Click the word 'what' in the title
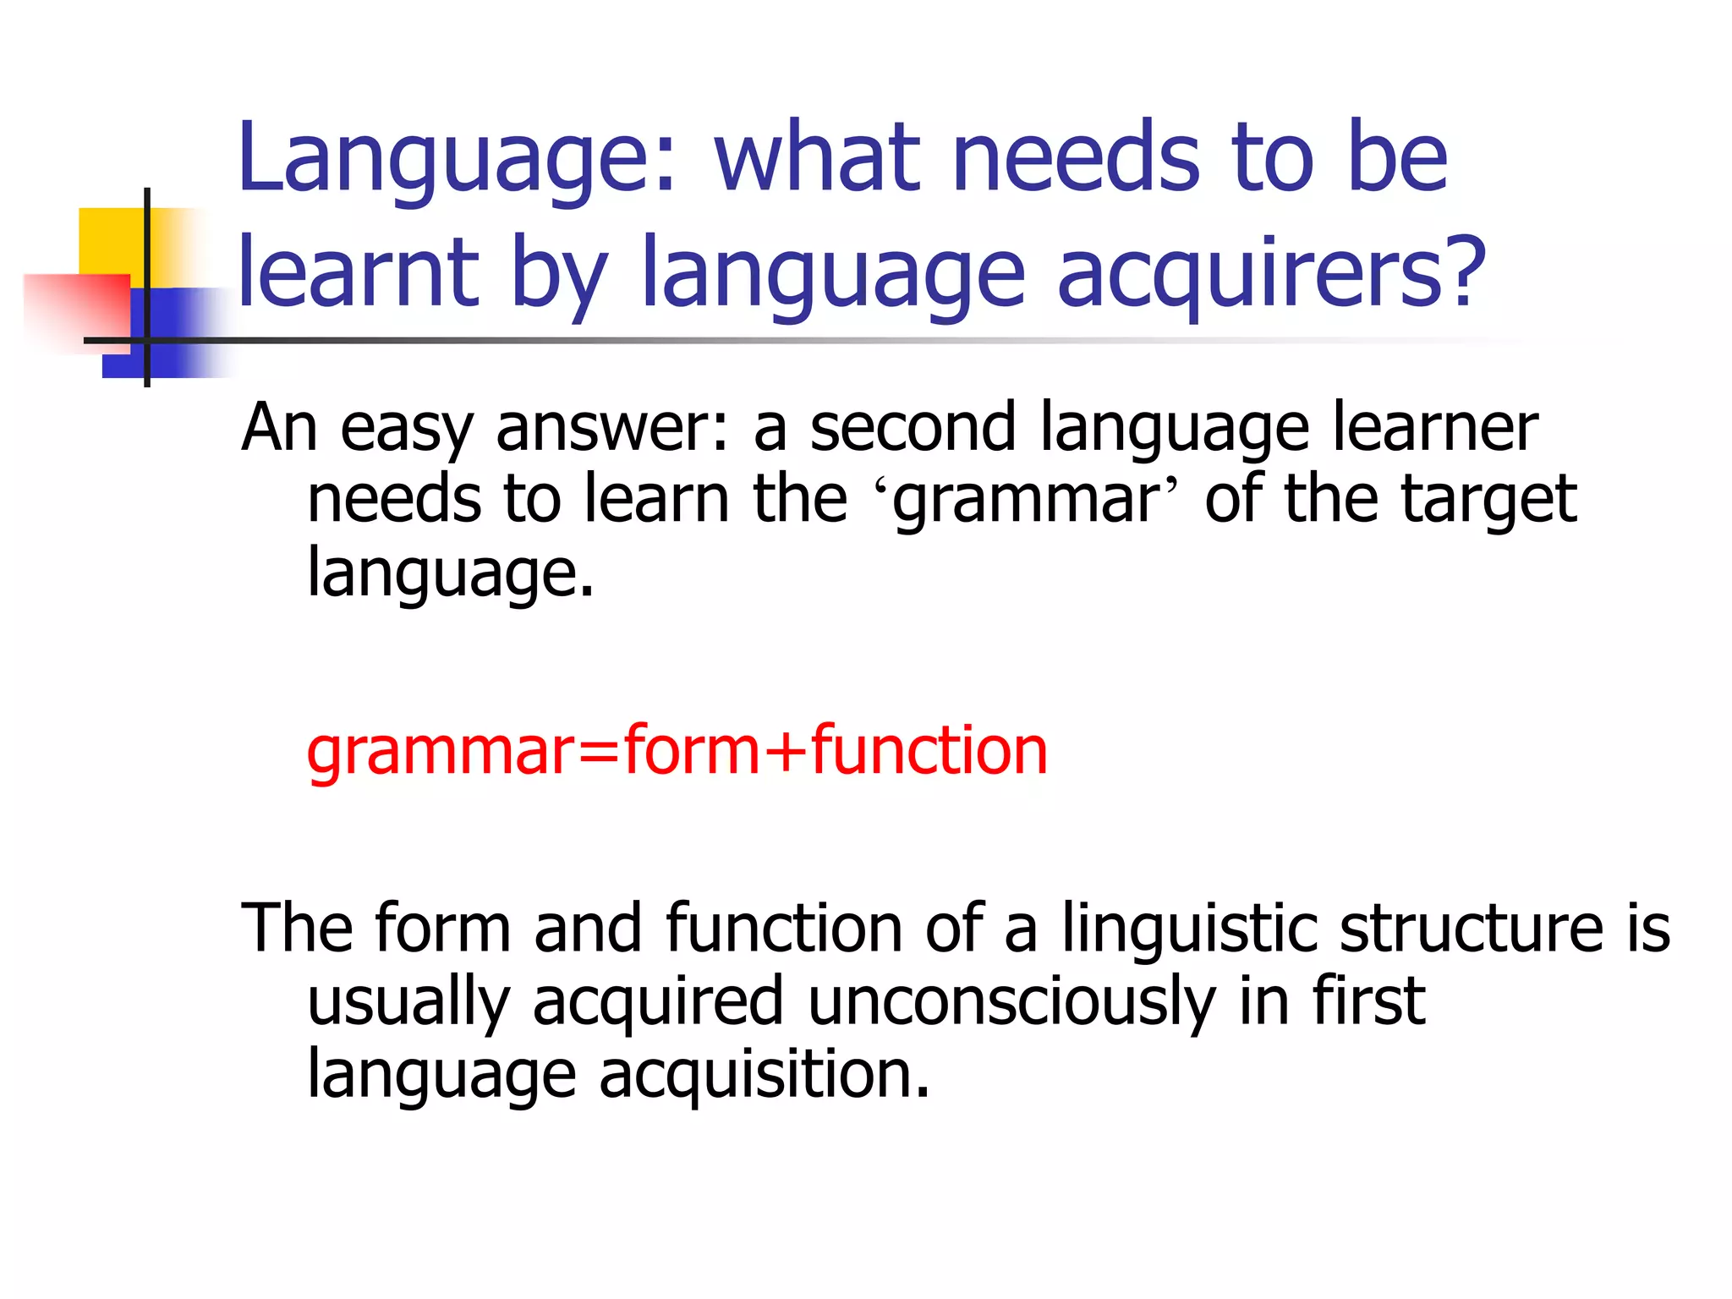[817, 158]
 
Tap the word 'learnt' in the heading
[359, 272]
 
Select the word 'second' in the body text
[913, 428]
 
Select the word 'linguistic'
[1188, 929]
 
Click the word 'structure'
[1471, 929]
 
